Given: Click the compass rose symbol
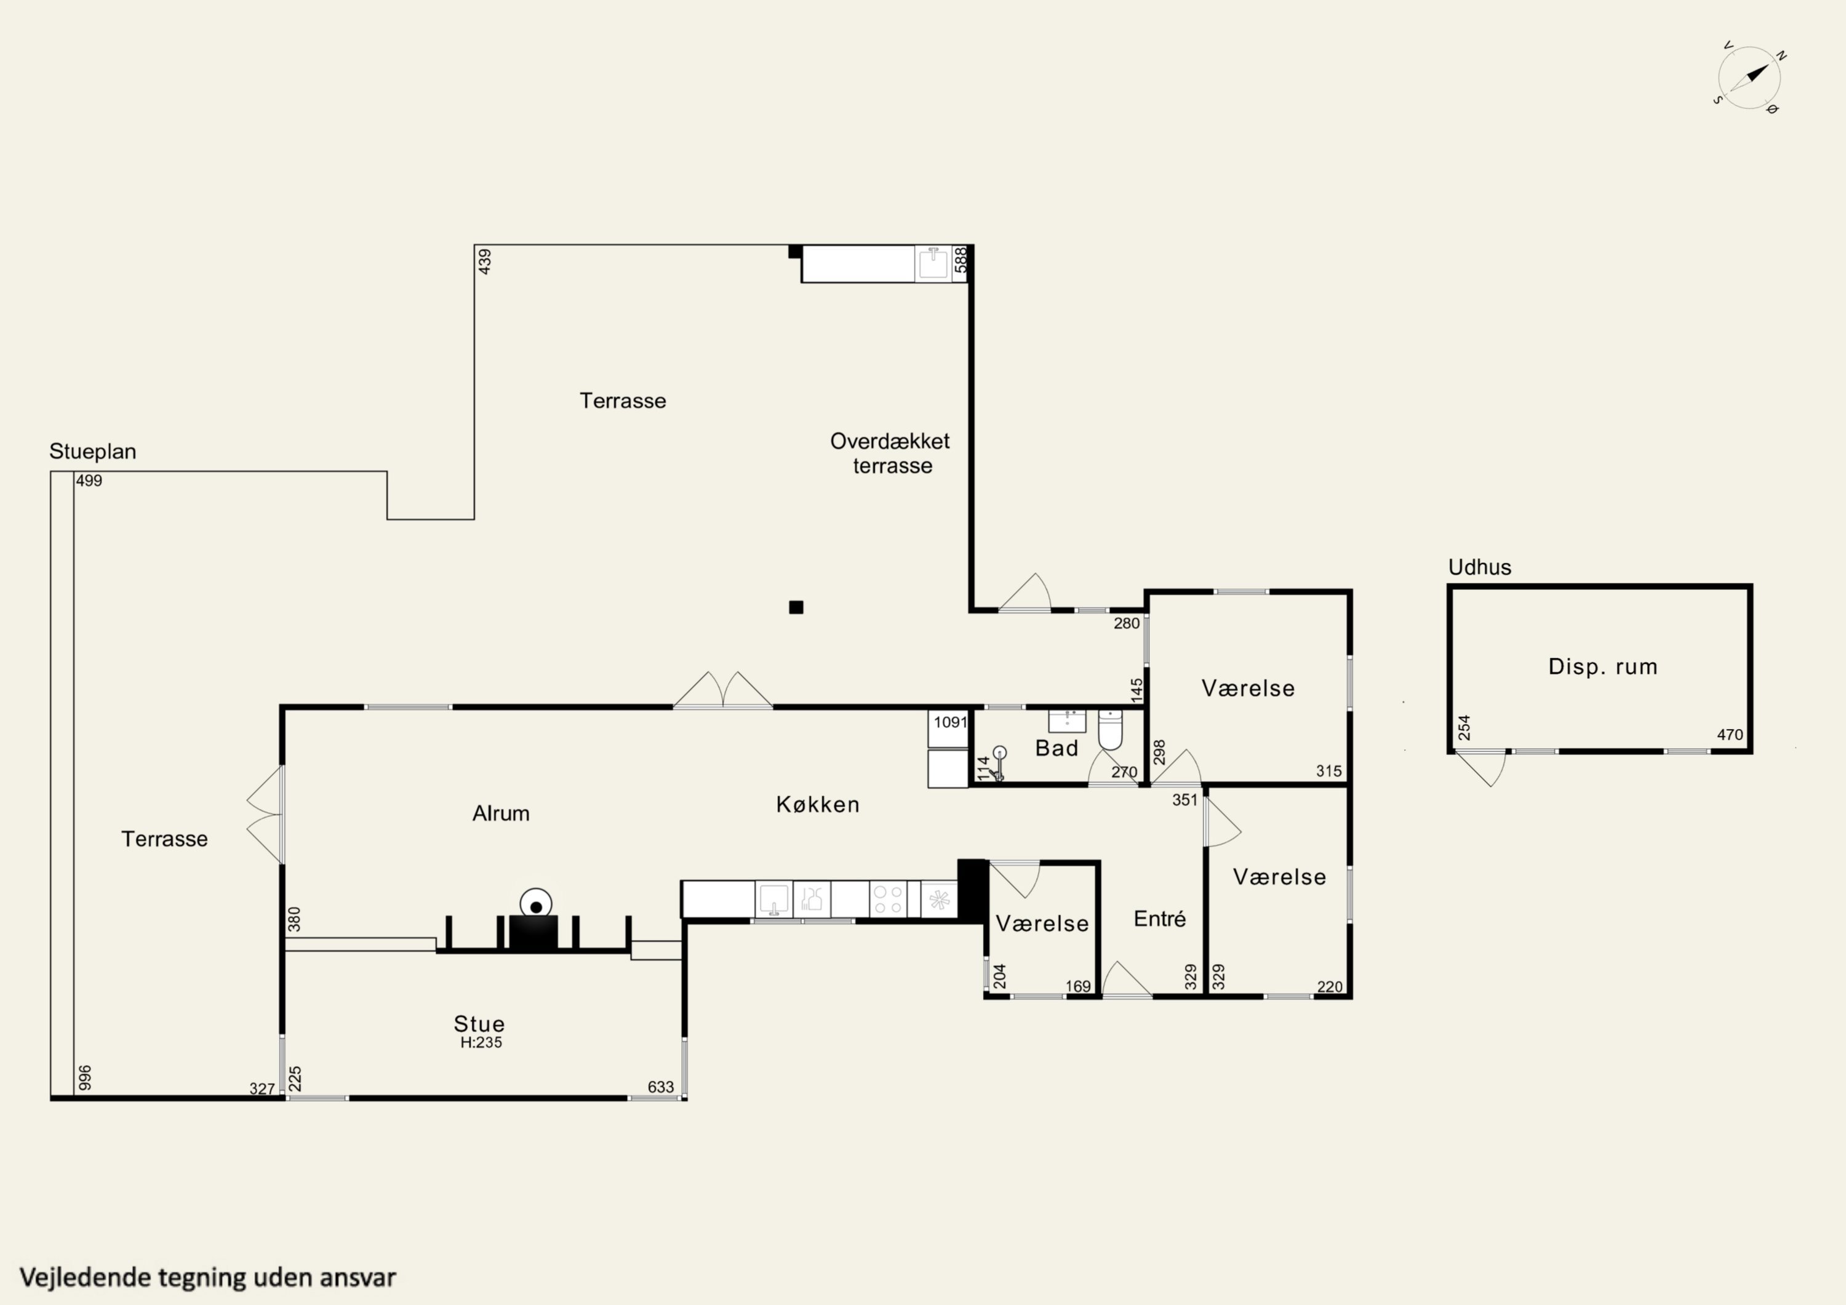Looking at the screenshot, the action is [x=1749, y=78].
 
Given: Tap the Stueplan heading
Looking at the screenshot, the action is [x=92, y=451].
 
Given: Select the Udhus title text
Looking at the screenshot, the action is [x=1479, y=568].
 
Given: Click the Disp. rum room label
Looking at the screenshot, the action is [x=1602, y=666].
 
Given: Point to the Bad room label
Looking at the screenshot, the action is [x=1057, y=749].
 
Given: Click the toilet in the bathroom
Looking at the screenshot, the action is [x=1109, y=729].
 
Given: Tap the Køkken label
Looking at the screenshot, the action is [x=818, y=804].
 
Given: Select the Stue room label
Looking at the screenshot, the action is [x=479, y=1024].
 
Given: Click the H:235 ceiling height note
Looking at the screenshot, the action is [x=481, y=1043].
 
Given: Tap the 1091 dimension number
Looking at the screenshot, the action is [x=950, y=722].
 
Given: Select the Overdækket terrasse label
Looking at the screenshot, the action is [x=890, y=453].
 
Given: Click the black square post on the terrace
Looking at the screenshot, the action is [x=796, y=607].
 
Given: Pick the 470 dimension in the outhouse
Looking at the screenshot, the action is [x=1730, y=735].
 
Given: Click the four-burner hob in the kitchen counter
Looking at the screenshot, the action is [x=889, y=900].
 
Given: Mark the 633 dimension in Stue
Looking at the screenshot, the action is [x=661, y=1087].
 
